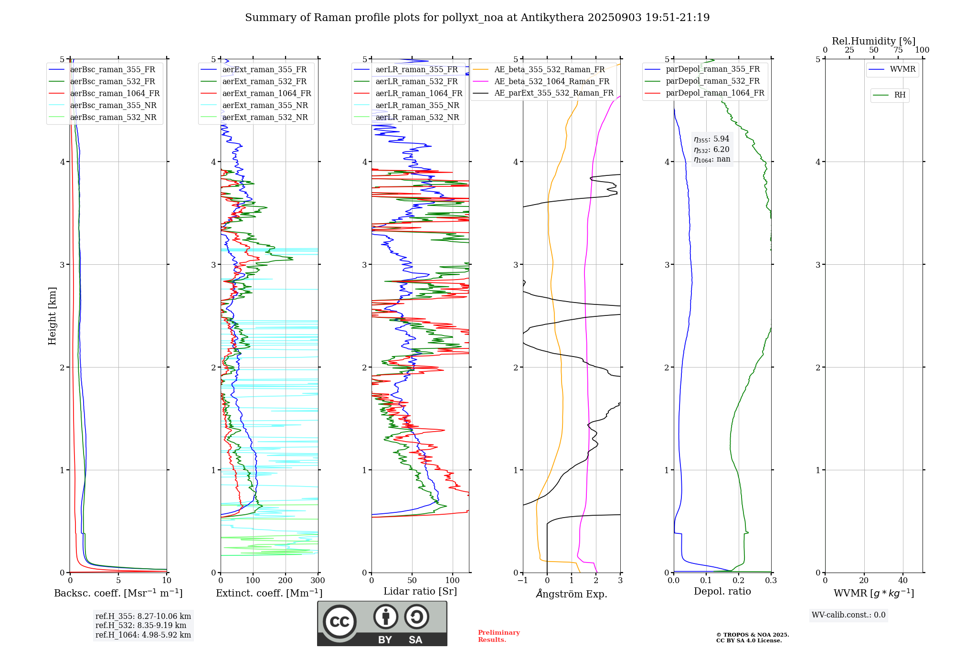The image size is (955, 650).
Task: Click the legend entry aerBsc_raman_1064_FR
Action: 115,94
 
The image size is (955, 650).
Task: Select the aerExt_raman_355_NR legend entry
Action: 265,106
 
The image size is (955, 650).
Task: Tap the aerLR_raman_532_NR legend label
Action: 417,118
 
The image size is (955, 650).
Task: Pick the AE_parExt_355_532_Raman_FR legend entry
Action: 553,93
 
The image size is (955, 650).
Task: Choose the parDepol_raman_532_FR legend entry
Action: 712,81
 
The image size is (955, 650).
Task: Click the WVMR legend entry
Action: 902,69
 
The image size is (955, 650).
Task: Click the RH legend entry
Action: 900,95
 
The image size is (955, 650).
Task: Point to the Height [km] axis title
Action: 52,316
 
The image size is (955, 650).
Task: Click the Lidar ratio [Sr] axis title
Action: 420,591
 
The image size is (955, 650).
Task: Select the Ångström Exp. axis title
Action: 571,594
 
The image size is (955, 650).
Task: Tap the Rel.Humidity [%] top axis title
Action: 873,41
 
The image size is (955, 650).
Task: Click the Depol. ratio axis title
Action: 722,591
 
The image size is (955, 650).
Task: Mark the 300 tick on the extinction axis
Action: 318,581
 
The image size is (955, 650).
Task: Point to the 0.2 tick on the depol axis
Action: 738,581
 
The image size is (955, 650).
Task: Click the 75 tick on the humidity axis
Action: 898,50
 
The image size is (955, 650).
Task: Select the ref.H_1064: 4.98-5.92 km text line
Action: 143,635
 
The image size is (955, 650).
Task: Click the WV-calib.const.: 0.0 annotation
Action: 848,615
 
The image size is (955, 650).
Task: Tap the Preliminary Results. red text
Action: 499,636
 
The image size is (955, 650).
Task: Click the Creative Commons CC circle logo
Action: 340,622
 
